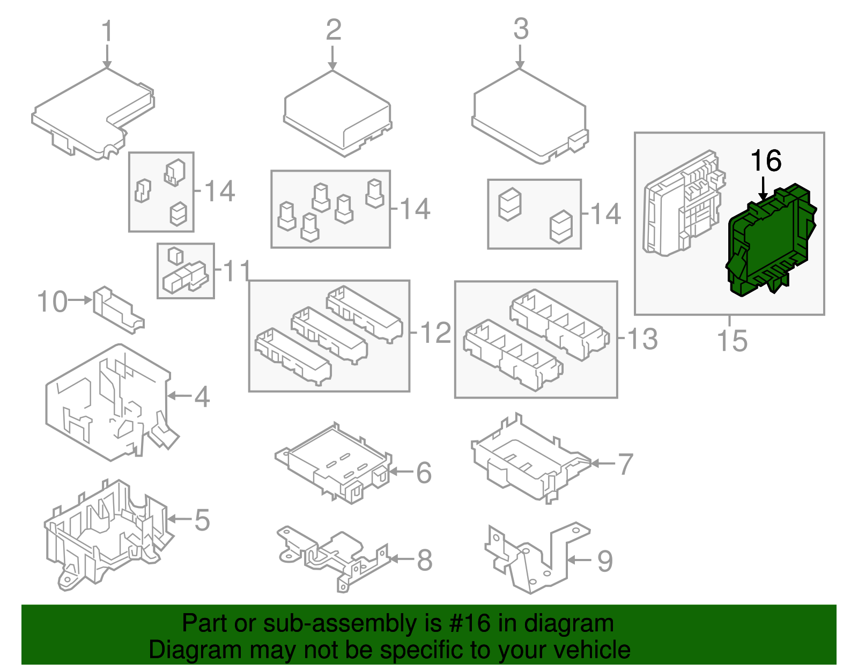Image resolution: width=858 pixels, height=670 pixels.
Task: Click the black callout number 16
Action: pyautogui.click(x=766, y=161)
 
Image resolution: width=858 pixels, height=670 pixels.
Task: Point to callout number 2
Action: pyautogui.click(x=333, y=30)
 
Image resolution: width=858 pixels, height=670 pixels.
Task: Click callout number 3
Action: pyautogui.click(x=521, y=29)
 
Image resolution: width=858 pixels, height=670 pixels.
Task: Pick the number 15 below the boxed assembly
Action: pyautogui.click(x=733, y=341)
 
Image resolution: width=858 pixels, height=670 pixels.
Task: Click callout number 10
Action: pyautogui.click(x=53, y=301)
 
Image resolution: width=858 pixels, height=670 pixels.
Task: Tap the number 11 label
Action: pyautogui.click(x=236, y=271)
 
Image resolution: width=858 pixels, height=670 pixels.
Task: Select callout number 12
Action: pyautogui.click(x=435, y=333)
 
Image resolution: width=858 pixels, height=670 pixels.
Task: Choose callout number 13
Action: pyautogui.click(x=642, y=339)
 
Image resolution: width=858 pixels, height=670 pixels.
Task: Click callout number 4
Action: pyautogui.click(x=202, y=397)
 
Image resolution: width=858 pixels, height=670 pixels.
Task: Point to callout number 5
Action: pyautogui.click(x=202, y=520)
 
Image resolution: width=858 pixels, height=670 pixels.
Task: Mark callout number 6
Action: pyautogui.click(x=424, y=473)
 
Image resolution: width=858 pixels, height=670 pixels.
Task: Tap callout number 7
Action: pyautogui.click(x=625, y=464)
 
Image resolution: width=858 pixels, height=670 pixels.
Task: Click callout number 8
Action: pyautogui.click(x=424, y=560)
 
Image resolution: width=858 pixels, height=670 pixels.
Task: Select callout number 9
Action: pyautogui.click(x=604, y=561)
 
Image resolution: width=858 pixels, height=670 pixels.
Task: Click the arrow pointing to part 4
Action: pyautogui.click(x=180, y=396)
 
